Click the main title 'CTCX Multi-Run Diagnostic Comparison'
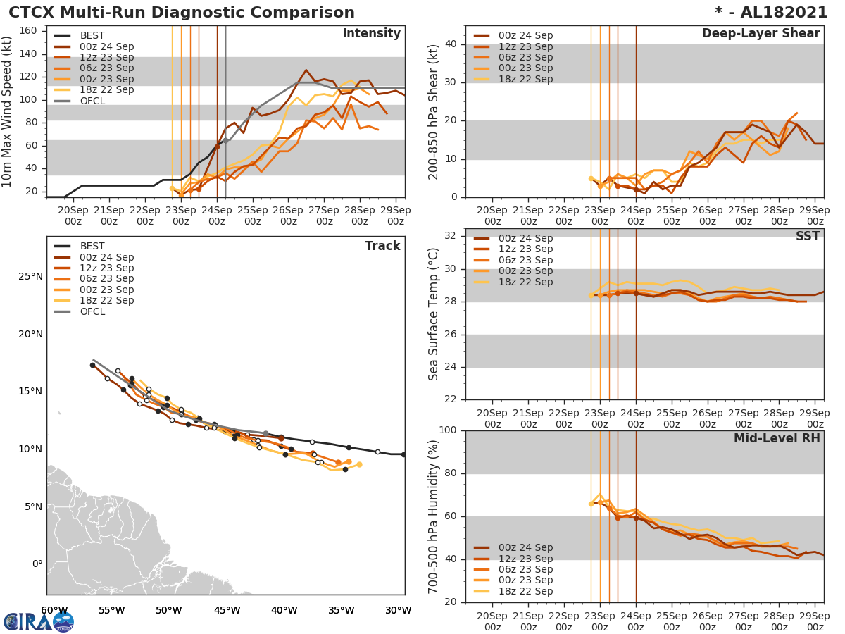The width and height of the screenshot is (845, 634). (182, 13)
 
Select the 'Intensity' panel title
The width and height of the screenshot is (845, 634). (371, 34)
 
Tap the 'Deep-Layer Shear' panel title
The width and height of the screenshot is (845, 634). (760, 34)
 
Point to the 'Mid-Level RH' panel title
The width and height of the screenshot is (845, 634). (777, 438)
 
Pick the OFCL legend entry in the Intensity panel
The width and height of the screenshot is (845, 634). (92, 101)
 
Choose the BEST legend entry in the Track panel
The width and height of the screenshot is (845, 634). (92, 247)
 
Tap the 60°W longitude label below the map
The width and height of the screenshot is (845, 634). (54, 610)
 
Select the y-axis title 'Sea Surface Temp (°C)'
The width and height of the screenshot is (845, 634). (434, 313)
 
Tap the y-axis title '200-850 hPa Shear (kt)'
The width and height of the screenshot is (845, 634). (434, 111)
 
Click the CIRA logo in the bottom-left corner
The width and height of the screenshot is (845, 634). (39, 621)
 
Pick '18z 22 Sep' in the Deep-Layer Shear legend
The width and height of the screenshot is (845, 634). (525, 79)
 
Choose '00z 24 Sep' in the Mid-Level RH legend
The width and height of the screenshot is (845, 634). (525, 547)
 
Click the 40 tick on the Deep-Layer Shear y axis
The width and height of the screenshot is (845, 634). (451, 44)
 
